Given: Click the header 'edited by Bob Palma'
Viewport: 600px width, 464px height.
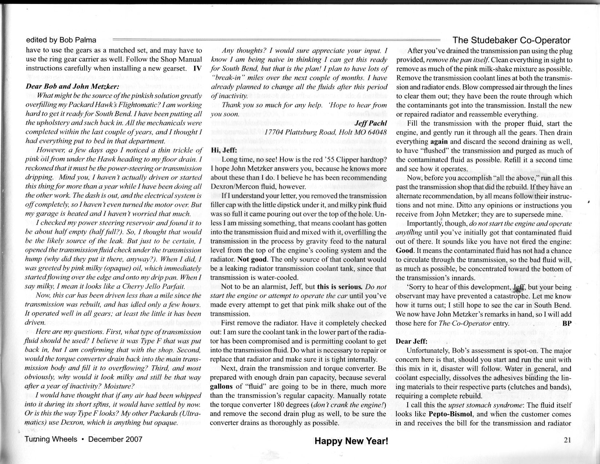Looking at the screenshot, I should pos(61,40).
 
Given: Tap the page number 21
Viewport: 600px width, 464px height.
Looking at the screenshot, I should pos(567,440).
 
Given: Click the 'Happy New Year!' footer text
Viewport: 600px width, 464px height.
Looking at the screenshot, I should pos(351,441).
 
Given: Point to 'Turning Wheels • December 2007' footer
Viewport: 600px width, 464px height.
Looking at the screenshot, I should pos(83,439).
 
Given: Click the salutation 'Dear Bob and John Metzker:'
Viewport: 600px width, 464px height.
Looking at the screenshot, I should pos(72,87).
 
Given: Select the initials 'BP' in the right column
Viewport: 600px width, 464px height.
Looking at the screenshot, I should pos(567,323).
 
